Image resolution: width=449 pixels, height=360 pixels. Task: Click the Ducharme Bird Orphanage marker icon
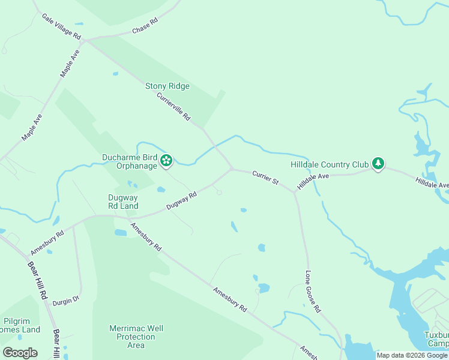(166, 161)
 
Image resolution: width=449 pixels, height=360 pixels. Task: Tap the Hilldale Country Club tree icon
(378, 163)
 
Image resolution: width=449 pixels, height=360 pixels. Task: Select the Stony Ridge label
(167, 86)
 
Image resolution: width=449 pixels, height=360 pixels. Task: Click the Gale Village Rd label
(61, 26)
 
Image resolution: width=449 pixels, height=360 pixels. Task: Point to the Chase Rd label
(145, 25)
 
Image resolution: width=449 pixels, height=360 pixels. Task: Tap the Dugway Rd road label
(181, 200)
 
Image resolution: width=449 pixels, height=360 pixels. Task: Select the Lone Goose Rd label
(313, 292)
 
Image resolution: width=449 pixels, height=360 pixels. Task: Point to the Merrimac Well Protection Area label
(136, 337)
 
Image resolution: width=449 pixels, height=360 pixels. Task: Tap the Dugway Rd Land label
(123, 201)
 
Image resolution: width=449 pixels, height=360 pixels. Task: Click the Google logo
(20, 353)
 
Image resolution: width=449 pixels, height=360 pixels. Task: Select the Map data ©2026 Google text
(412, 355)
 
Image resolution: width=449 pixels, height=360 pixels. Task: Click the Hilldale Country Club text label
(329, 164)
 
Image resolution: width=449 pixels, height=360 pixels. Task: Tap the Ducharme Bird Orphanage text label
(129, 162)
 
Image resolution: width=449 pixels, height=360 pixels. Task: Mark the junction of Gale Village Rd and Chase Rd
(86, 41)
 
